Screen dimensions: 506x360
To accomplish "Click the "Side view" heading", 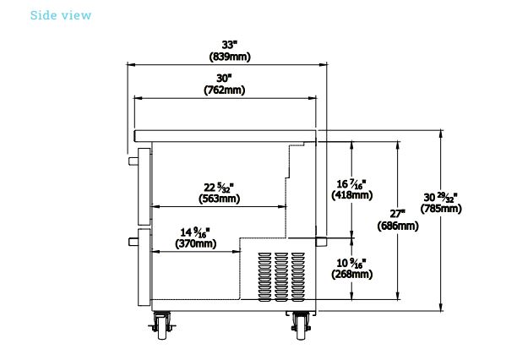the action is (x=61, y=15).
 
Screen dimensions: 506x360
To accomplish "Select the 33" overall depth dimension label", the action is (x=230, y=45).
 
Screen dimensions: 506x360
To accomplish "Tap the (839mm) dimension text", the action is (x=230, y=57).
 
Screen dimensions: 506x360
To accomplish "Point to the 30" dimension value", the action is (x=225, y=78).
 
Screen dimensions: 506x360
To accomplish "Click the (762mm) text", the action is (x=225, y=90).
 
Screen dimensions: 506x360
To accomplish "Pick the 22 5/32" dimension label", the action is (x=219, y=188).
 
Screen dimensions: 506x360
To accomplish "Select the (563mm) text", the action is (x=219, y=199).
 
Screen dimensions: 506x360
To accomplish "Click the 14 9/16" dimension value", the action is (x=195, y=232).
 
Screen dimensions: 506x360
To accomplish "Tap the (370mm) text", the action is (x=196, y=243).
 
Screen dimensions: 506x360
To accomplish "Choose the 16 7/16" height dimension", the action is (x=351, y=184).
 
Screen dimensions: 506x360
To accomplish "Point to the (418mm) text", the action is (x=352, y=195).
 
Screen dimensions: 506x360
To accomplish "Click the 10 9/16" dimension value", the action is (x=351, y=263).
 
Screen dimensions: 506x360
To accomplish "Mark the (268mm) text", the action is (x=352, y=275).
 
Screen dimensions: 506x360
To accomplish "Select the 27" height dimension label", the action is (x=398, y=214).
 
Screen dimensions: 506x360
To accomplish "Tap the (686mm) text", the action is (x=398, y=226).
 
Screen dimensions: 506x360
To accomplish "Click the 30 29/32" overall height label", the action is (x=441, y=197).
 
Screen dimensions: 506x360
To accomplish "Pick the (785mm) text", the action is (x=441, y=209).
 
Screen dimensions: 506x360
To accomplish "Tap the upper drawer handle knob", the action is (x=133, y=161).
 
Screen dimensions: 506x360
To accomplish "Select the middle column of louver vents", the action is (x=281, y=277).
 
